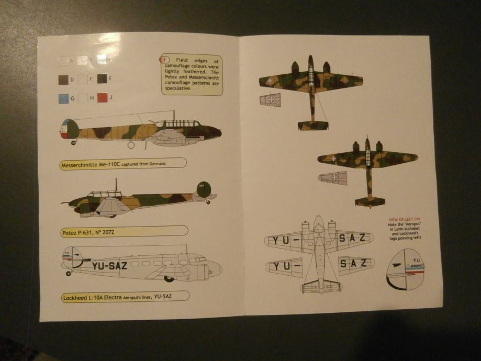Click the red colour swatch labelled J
click(102, 97)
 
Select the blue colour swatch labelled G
click(62, 98)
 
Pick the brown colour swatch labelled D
click(62, 80)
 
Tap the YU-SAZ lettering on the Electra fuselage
click(109, 265)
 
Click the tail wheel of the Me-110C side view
click(73, 142)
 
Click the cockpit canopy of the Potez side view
click(104, 194)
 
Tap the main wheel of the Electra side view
click(169, 278)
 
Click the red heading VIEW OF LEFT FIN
click(404, 219)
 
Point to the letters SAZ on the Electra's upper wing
click(355, 239)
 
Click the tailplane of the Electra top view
click(319, 285)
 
